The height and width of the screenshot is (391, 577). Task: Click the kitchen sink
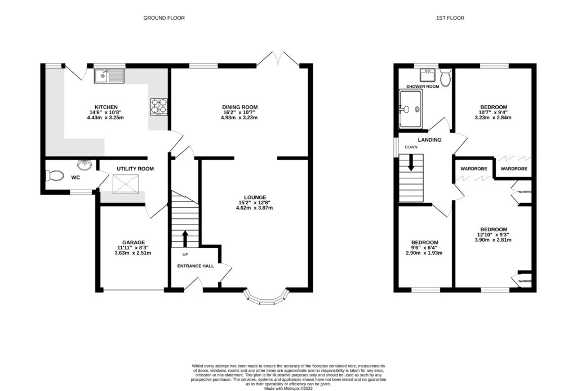[x=109, y=75]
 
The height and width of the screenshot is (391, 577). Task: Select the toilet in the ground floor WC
[x=55, y=176]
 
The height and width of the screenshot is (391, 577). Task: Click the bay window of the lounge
[x=267, y=298]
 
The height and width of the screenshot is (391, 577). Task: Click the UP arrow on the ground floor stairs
[x=185, y=237]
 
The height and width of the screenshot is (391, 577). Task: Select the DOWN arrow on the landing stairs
[x=411, y=163]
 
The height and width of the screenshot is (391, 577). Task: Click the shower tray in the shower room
[x=410, y=110]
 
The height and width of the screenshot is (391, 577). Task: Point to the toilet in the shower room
[x=446, y=78]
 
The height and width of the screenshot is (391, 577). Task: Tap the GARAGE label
[x=134, y=242]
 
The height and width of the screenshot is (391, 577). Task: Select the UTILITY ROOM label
[x=135, y=169]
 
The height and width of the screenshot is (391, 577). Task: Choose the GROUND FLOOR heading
[x=163, y=18]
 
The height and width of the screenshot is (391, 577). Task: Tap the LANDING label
[x=429, y=140]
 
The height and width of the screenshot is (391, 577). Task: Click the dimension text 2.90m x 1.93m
[x=425, y=253]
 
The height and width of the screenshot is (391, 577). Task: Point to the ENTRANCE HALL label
[x=196, y=266]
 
